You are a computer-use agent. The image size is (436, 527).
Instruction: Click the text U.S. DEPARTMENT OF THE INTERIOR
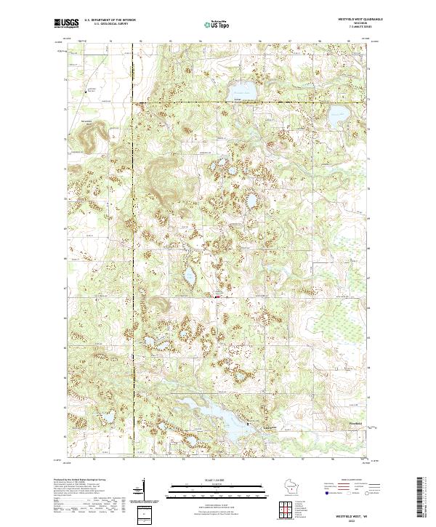[110, 20]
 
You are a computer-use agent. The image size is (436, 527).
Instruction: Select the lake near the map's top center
[243, 89]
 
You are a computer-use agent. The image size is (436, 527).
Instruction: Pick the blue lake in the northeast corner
[338, 114]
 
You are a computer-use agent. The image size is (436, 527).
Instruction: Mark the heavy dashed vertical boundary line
[133, 218]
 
